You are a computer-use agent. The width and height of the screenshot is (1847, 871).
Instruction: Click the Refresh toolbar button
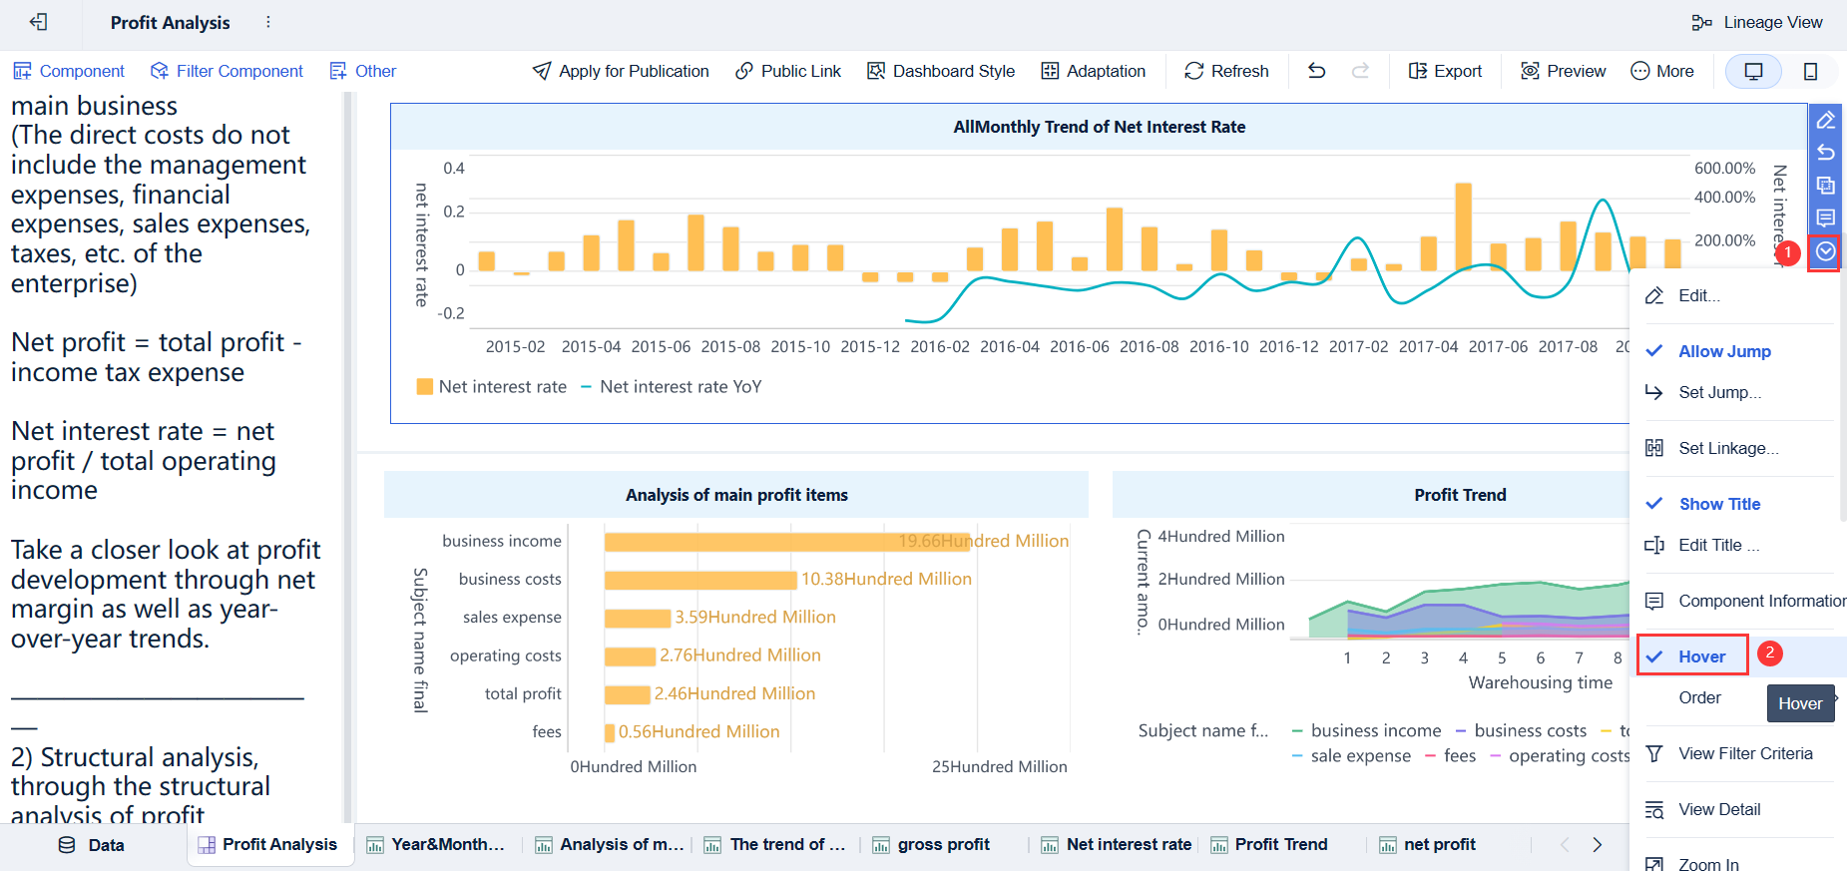click(x=1226, y=71)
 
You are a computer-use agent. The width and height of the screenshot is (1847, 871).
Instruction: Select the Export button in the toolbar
click(x=1445, y=71)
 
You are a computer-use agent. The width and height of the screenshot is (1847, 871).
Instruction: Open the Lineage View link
click(x=1757, y=22)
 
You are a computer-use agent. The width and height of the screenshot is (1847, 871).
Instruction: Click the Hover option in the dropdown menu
click(x=1701, y=656)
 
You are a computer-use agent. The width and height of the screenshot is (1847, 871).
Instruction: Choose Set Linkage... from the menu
click(x=1727, y=448)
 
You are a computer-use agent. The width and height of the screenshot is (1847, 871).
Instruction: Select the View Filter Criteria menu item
click(x=1744, y=753)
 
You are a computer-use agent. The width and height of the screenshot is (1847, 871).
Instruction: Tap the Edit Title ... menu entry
click(x=1718, y=545)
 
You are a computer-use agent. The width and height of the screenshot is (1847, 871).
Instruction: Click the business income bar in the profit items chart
click(x=786, y=542)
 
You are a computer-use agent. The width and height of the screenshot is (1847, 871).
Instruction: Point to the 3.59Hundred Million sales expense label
click(x=754, y=618)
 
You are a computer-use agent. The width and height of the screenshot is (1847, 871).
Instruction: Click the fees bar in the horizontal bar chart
click(x=610, y=732)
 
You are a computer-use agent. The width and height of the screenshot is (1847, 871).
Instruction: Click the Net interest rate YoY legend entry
click(x=680, y=387)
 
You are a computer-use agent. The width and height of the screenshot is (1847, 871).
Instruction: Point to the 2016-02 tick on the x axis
click(x=939, y=347)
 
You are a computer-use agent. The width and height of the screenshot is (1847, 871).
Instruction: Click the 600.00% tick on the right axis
click(x=1723, y=169)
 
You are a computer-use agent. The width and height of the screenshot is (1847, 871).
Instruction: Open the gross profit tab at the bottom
click(x=942, y=845)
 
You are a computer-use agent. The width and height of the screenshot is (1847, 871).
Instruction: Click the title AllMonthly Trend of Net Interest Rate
click(x=1099, y=127)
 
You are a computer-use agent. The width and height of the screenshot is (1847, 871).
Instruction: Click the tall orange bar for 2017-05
click(x=1463, y=226)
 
